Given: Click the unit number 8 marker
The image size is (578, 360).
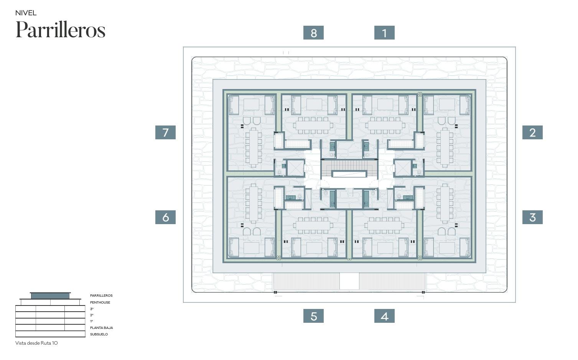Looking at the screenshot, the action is (x=313, y=33).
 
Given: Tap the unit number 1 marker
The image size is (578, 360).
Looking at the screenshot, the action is (x=384, y=33).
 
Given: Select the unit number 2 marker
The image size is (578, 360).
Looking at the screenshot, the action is (x=532, y=132).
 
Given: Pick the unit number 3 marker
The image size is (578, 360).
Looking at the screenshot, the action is (x=532, y=217).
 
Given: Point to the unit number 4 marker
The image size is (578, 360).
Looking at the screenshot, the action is (x=384, y=316).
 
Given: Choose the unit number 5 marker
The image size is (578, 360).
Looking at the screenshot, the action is (x=313, y=316).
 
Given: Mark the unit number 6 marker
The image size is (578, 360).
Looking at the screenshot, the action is (x=165, y=217).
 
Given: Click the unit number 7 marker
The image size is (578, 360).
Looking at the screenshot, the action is (x=165, y=132).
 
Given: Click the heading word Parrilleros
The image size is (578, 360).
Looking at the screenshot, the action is (x=60, y=30).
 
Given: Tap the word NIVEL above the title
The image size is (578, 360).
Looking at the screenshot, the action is (x=26, y=13).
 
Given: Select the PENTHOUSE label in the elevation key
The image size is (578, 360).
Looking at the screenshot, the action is (x=100, y=302).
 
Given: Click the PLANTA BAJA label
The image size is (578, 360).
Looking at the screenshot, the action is (x=101, y=328).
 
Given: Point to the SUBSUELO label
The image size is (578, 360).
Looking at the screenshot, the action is (x=99, y=334).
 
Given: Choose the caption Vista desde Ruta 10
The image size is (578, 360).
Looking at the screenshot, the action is (x=36, y=343).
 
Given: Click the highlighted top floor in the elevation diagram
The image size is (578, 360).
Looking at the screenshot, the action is (x=50, y=296).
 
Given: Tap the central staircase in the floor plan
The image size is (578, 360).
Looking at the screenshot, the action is (x=349, y=168).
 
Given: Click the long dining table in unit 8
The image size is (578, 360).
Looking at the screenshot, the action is (x=313, y=126).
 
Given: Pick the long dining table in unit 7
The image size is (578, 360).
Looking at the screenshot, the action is (x=254, y=148).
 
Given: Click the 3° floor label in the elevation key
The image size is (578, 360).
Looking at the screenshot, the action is (x=92, y=309).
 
